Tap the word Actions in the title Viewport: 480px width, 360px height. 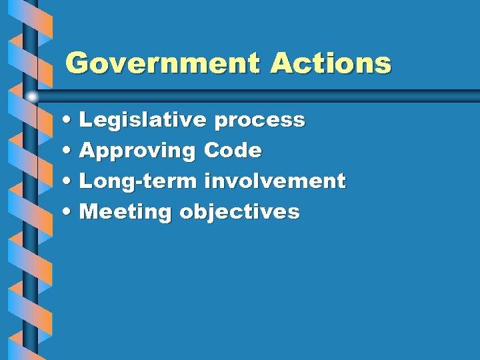click(x=330, y=64)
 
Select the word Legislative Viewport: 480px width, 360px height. click(x=143, y=121)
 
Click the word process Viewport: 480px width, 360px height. click(x=260, y=121)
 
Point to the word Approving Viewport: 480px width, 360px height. click(x=137, y=151)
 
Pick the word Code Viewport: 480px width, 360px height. click(x=233, y=150)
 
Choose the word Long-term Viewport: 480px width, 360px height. click(x=138, y=181)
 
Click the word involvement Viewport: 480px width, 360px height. click(x=275, y=181)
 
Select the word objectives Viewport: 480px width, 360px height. click(x=239, y=213)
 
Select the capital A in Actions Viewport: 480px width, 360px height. click(x=281, y=64)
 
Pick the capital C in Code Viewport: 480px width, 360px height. click(x=213, y=150)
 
